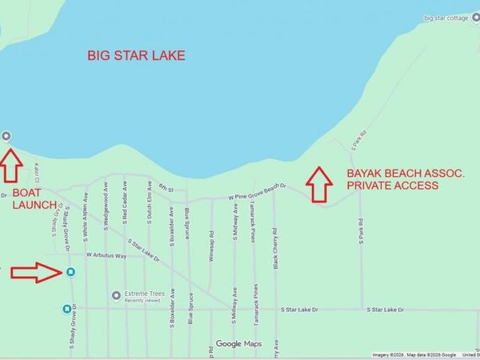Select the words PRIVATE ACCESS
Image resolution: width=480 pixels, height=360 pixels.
392,185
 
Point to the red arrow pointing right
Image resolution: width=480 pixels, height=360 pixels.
37,273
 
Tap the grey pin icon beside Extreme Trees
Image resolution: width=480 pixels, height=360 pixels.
117,295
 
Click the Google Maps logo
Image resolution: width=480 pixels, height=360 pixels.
238,344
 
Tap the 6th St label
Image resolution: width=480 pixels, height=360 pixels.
166,186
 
